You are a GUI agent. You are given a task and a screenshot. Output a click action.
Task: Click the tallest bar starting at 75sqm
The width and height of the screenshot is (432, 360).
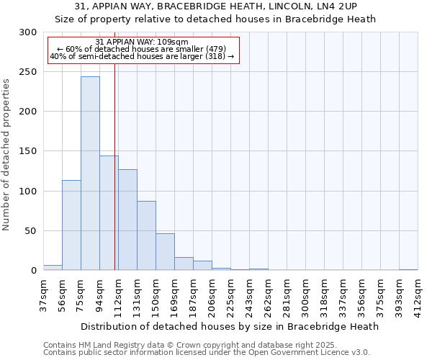point(90,174)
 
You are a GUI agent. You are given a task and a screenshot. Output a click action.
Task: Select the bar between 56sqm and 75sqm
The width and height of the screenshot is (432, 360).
point(71,225)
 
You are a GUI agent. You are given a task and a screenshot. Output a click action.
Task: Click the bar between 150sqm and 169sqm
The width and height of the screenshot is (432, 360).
point(165,252)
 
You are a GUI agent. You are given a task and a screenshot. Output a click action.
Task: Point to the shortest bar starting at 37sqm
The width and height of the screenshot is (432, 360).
point(53,268)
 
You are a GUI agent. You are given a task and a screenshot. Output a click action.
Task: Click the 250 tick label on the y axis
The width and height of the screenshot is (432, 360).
point(27,72)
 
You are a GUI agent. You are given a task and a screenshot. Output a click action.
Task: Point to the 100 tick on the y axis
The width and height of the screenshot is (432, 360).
point(27,192)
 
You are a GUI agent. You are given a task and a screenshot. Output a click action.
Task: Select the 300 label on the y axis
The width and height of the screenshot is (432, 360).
point(27,32)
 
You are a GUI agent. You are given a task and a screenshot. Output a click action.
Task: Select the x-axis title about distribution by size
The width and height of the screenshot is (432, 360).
point(230,326)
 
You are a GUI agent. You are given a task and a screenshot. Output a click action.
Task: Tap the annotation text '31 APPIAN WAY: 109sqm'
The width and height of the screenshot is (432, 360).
point(142,42)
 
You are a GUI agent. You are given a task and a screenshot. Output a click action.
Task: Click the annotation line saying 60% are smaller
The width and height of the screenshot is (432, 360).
point(142,49)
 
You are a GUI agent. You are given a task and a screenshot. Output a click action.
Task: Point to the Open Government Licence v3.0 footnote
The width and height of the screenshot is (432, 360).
point(207,352)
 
